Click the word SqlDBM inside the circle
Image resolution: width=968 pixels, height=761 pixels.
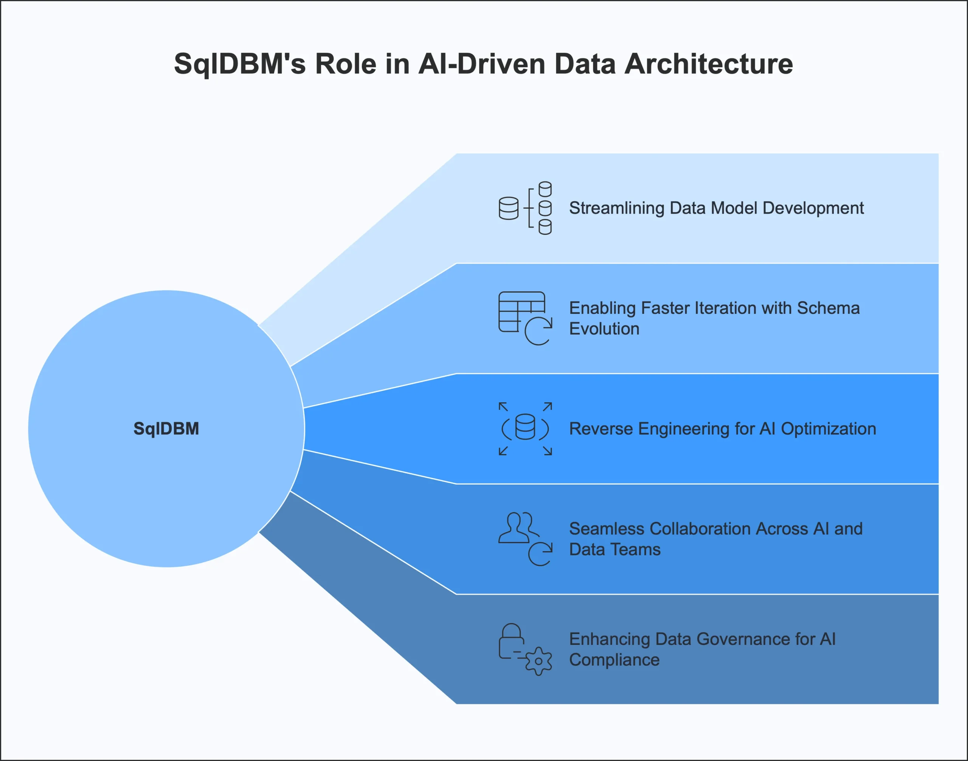point(166,429)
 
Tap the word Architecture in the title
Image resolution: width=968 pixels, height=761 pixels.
point(709,64)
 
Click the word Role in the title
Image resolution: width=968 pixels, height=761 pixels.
point(346,64)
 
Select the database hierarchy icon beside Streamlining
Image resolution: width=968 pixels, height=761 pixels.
point(525,208)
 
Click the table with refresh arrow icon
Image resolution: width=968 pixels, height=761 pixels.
point(525,318)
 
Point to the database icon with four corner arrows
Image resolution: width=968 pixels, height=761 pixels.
point(525,429)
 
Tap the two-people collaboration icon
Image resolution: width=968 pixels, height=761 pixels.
point(525,539)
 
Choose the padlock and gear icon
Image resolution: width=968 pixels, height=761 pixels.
point(525,649)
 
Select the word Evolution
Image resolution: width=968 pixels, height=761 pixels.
point(604,329)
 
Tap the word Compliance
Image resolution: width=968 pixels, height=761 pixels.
point(614,660)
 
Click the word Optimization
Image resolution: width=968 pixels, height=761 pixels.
point(828,429)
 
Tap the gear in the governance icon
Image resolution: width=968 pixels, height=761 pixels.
point(538,661)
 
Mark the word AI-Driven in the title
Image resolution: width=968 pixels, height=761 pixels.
point(482,64)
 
